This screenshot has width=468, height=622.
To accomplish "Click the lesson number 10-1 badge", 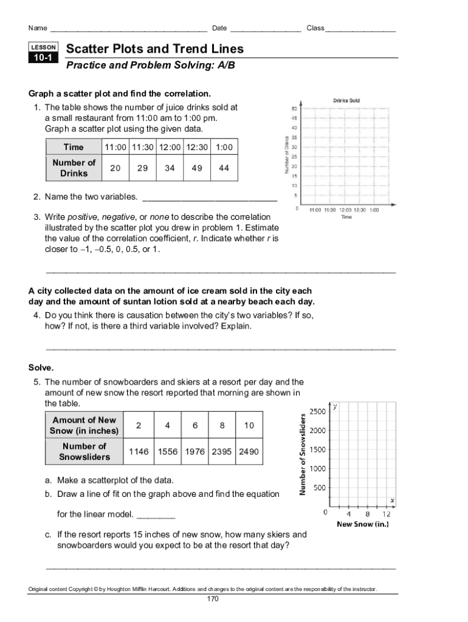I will pos(43,58).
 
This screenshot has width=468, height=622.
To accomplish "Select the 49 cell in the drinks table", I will pos(197,168).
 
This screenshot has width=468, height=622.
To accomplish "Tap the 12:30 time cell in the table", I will pos(197,147).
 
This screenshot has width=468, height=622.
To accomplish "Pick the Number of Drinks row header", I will pos(74,168).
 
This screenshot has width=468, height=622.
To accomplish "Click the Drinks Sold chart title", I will pos(346,100).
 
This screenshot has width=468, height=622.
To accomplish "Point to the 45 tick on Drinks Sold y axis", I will pos(294,118).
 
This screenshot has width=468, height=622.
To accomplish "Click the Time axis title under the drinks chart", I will pos(346,217).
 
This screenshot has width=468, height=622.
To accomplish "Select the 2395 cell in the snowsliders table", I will pos(222,452).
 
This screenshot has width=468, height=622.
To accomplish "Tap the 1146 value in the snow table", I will pos(139,452).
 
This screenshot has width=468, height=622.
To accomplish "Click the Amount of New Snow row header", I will pos(84,425).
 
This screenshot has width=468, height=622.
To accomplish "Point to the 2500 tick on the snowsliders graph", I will pos(317,412).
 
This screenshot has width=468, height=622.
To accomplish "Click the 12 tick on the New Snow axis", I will pos(386,514).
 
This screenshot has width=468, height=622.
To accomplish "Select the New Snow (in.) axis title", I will pos(362,524).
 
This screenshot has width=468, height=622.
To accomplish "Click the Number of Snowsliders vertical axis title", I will pos(302,454).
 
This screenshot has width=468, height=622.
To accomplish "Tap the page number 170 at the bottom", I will pos(212,599).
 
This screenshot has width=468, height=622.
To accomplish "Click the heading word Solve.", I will pos(41,367).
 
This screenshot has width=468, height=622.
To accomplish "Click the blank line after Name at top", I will pos(128,29).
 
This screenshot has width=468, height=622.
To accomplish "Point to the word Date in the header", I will pos(219,28).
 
